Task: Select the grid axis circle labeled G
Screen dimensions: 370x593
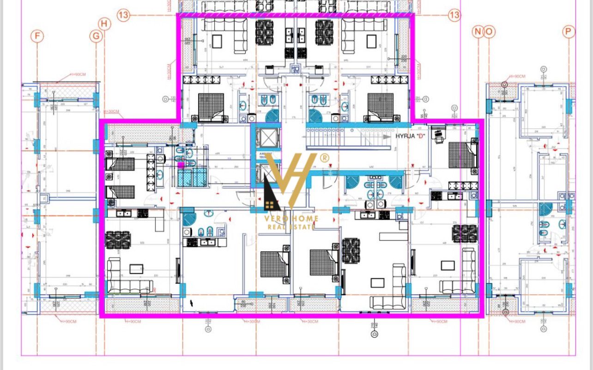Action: point(96,36)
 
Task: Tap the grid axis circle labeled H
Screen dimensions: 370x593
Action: point(105,24)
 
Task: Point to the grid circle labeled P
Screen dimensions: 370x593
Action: point(569,31)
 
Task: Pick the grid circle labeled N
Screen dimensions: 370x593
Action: point(478,31)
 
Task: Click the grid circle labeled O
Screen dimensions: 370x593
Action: point(489,31)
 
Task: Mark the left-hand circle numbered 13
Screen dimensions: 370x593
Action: point(123,15)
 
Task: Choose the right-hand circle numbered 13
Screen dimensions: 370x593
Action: point(454,15)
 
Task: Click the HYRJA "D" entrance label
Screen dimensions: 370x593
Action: point(410,137)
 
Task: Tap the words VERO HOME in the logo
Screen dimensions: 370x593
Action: point(292,218)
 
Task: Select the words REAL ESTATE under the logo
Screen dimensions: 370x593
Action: point(292,227)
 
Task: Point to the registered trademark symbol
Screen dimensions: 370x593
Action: point(325,158)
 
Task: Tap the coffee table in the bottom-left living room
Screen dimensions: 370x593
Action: point(135,268)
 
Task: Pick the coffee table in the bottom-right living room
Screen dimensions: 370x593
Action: point(447,266)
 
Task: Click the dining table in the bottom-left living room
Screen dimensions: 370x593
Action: point(118,239)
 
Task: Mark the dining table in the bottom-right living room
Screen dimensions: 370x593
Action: point(465,233)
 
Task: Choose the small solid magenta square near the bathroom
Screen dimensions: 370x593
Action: point(181,164)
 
